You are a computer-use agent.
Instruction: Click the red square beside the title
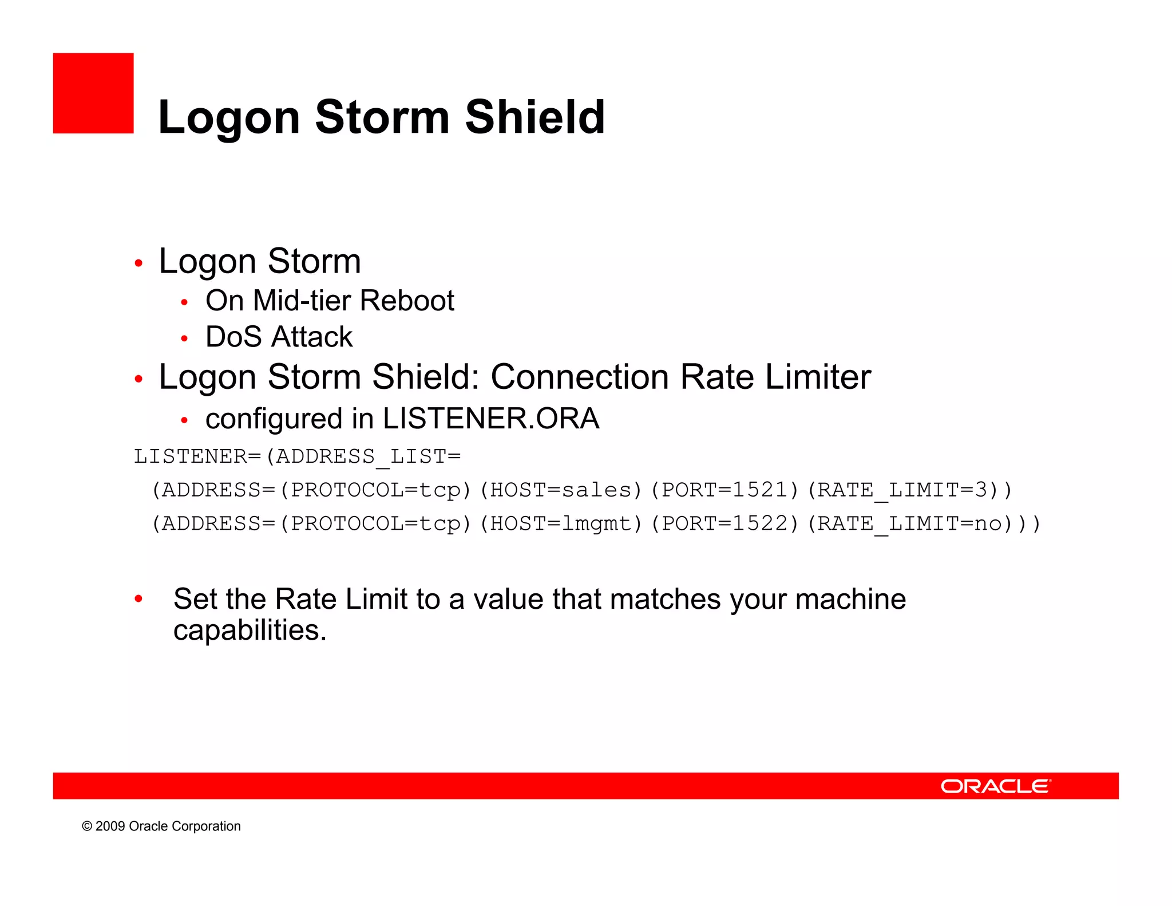coord(93,93)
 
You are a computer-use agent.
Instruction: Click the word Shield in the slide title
coord(534,117)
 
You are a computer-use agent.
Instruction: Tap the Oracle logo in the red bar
coord(996,786)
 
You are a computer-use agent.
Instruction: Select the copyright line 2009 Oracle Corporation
coord(161,826)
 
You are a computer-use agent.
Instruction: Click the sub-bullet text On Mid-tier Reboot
coord(330,301)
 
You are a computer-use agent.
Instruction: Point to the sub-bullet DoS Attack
coord(279,337)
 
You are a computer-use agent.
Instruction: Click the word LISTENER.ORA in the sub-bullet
coord(491,418)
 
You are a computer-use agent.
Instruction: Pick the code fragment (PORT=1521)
coord(724,490)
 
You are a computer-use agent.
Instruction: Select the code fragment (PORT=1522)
coord(724,523)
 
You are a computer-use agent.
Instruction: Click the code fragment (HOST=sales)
coord(561,490)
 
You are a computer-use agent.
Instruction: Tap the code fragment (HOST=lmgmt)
coord(561,523)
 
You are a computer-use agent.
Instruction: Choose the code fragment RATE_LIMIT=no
coord(910,523)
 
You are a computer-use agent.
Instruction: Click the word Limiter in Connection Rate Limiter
coord(818,377)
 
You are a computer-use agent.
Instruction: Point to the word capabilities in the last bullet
coord(250,631)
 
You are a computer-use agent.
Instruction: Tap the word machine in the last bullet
coord(850,599)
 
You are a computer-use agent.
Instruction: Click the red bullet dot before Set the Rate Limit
coord(138,599)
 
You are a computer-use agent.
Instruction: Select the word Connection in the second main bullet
coord(580,377)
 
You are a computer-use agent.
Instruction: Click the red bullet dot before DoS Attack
coord(184,338)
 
